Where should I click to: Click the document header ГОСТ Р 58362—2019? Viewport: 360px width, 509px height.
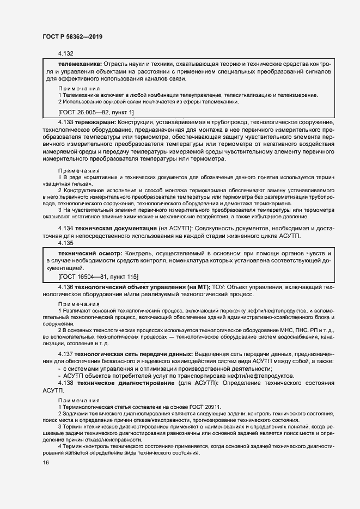[x=72, y=36]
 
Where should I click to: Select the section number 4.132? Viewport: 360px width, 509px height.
[x=66, y=54]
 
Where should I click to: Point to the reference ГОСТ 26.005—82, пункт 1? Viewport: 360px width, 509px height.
[x=95, y=112]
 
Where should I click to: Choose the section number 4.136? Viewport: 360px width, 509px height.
[x=65, y=286]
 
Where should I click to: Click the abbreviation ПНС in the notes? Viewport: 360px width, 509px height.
[x=290, y=330]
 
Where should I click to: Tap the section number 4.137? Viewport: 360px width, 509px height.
[x=65, y=354]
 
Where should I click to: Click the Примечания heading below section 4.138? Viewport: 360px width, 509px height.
[x=79, y=399]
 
